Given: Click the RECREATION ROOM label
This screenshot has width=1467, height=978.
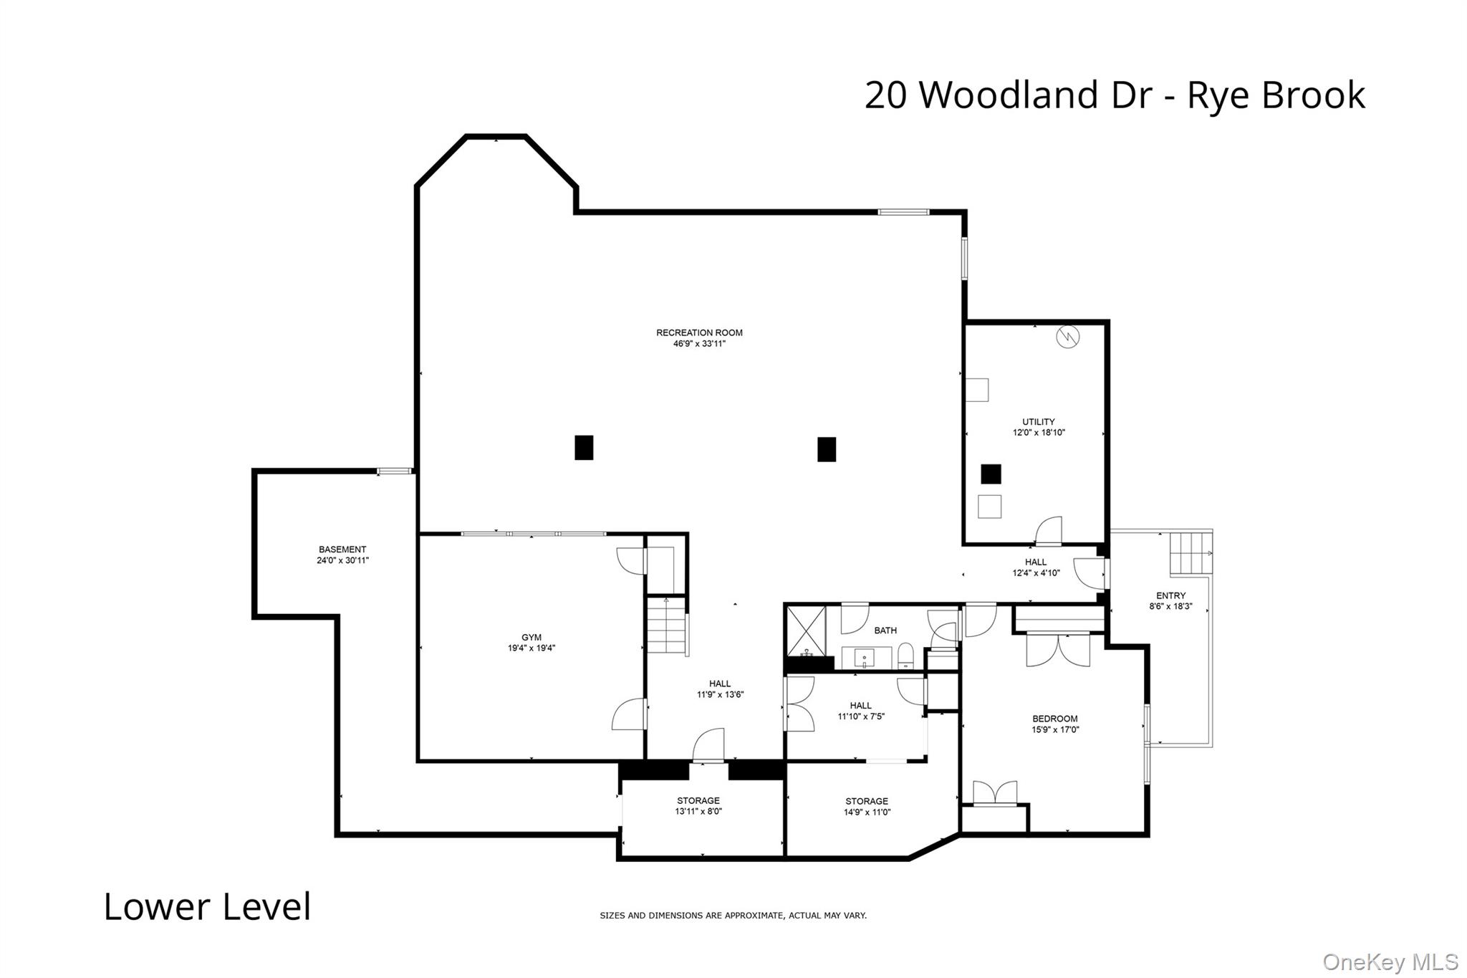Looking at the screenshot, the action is pos(699,332).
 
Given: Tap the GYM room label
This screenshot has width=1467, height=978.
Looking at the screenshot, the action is pos(532,638).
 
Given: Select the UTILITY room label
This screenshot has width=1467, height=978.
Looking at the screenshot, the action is pos(1039,422).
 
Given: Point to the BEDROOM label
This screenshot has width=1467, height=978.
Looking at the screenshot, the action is pos(1055,719).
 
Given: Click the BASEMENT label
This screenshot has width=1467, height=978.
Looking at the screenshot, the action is pos(342,550).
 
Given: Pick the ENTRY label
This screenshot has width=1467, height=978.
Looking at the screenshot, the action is pos(1171,595).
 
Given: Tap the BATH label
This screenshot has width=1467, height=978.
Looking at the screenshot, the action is pos(885,631).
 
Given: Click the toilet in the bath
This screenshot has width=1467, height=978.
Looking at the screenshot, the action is pos(905,656).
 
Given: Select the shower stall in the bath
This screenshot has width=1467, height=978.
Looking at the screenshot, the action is pos(807,632).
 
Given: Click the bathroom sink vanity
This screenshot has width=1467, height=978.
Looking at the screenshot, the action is pos(866,657).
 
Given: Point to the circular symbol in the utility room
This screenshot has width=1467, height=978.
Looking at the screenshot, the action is pos(1067,337).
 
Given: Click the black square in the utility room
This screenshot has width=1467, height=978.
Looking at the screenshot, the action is pos(991,474).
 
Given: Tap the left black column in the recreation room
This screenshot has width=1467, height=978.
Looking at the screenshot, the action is pos(584,448).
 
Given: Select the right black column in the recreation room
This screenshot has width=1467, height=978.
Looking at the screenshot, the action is pos(827,449).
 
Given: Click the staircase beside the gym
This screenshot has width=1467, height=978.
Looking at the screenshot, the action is pos(668,625).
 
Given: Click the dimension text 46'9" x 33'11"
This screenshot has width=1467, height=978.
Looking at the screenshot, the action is pos(695,343).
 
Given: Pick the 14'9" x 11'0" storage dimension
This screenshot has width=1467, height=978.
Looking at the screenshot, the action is pos(867,812).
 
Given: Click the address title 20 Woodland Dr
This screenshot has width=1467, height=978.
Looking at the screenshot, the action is pos(1014,95).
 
